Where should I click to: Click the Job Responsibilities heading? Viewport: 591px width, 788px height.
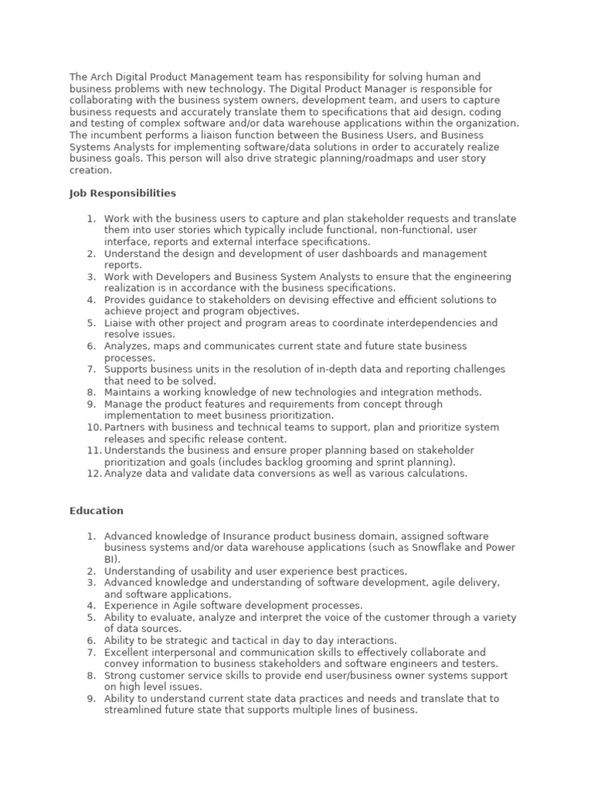122,193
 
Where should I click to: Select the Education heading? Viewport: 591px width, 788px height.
96,510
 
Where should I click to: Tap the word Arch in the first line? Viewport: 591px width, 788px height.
100,77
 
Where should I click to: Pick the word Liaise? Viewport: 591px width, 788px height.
119,323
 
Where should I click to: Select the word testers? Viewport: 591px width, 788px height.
479,663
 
